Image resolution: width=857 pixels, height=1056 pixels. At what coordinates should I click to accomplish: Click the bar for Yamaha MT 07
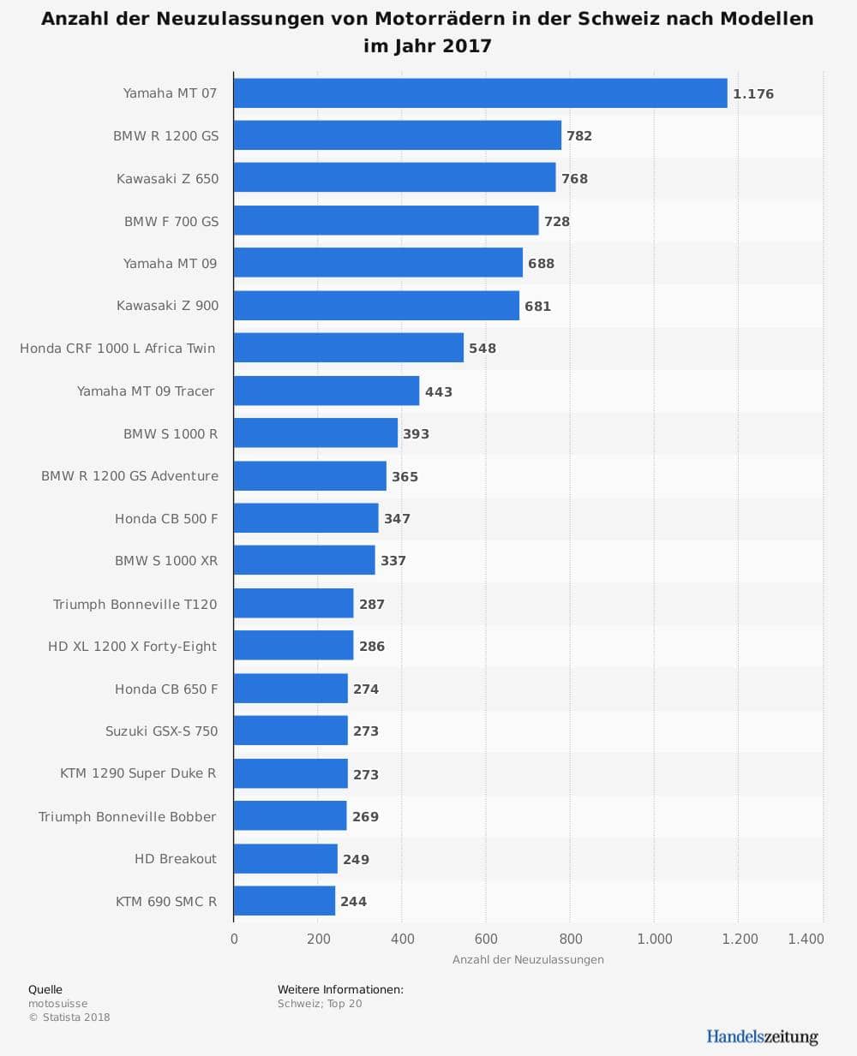click(x=480, y=93)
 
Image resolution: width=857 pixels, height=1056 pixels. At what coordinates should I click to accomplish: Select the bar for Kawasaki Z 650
click(x=394, y=178)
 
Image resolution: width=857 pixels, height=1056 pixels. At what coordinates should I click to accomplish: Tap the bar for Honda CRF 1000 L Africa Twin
click(x=349, y=348)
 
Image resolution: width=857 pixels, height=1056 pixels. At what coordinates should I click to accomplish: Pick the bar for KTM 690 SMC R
click(x=285, y=901)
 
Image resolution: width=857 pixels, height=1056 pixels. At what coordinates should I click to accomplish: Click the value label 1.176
click(x=753, y=94)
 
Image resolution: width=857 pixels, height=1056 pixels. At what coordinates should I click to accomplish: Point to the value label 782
click(x=579, y=136)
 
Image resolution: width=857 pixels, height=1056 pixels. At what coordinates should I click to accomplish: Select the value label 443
click(x=439, y=391)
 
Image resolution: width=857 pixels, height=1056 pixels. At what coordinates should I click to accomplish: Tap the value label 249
click(x=356, y=859)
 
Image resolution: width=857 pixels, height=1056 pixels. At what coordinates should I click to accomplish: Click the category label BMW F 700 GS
click(x=171, y=221)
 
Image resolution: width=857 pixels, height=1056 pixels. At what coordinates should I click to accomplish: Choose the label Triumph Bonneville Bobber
click(x=128, y=816)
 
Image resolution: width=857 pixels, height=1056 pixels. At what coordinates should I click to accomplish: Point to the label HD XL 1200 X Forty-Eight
click(x=133, y=647)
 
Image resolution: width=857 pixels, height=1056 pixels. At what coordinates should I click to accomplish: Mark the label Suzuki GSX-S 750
click(x=162, y=731)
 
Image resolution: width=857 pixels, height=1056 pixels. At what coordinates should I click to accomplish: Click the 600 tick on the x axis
click(x=486, y=939)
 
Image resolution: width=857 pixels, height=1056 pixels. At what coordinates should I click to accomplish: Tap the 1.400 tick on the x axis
click(x=806, y=939)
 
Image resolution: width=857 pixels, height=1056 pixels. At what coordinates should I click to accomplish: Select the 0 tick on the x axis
click(x=234, y=939)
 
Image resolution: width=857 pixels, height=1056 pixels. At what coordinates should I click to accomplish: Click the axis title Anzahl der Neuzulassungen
click(x=528, y=959)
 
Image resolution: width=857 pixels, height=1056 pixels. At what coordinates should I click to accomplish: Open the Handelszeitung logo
click(x=762, y=1036)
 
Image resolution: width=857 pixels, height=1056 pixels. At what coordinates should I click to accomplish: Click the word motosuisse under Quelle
click(x=58, y=1004)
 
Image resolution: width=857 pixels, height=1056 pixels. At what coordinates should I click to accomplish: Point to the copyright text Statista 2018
click(x=75, y=1017)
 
